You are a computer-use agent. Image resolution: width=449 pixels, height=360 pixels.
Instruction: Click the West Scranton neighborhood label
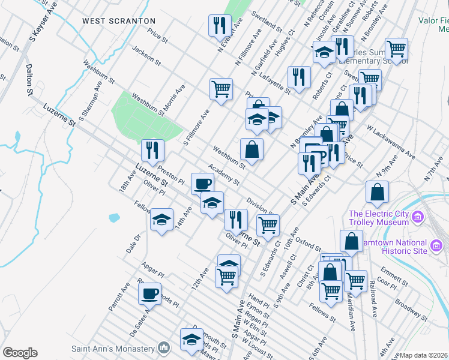pos(119,21)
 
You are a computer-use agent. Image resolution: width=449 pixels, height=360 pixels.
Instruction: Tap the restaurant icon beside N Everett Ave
pos(218,25)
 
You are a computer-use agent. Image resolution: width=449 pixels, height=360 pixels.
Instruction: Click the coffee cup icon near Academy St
pos(202,183)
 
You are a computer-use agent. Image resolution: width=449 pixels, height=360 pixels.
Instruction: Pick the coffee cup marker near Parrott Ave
pos(149,293)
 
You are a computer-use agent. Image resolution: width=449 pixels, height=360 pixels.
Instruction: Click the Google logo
pos(20,353)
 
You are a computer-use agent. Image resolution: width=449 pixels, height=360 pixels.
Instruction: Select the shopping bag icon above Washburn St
pos(252,149)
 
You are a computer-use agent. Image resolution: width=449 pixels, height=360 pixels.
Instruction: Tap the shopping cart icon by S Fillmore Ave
pos(221,89)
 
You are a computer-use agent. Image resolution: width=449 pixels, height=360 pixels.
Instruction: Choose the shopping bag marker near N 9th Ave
pos(377,191)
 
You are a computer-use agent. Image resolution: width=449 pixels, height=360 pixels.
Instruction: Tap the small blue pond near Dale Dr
pos(113,217)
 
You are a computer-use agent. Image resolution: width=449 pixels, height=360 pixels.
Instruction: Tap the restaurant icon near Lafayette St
pos(298,76)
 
